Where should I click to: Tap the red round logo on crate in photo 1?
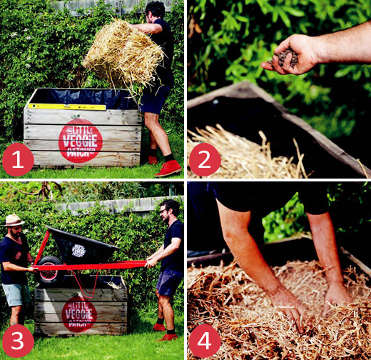pos(80,141)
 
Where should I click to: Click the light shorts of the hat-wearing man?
pos(16,293)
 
